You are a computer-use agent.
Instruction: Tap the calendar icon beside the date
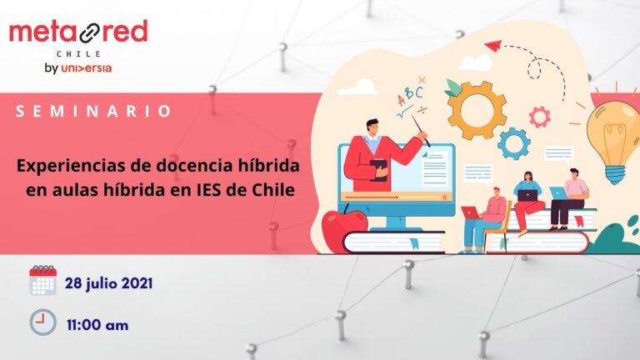click(x=42, y=282)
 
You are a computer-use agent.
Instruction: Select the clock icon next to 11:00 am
click(x=42, y=322)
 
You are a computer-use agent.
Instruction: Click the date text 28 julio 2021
click(x=108, y=283)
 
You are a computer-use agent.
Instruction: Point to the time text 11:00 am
click(x=97, y=324)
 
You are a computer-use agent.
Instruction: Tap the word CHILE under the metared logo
click(x=78, y=52)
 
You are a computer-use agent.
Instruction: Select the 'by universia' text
click(x=77, y=67)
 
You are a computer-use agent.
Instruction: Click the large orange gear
click(x=477, y=109)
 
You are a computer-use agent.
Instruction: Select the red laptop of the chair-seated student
click(x=472, y=212)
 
